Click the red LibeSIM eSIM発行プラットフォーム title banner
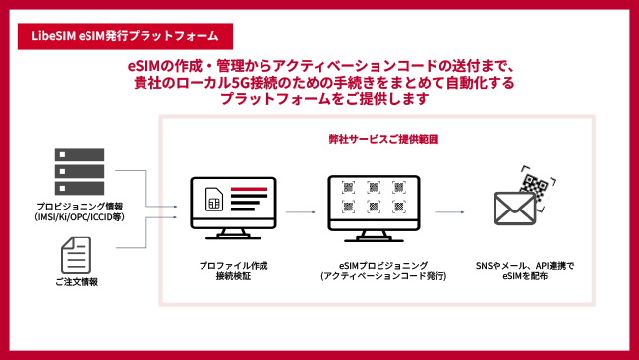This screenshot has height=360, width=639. coord(125,35)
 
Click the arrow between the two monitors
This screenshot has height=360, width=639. coord(302,211)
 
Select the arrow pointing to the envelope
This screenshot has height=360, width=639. coord(449,211)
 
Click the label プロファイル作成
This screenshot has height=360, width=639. coord(232,266)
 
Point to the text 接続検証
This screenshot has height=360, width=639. coord(232,277)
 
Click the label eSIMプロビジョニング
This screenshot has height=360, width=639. coord(376,266)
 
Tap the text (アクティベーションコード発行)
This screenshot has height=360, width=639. coord(376,277)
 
